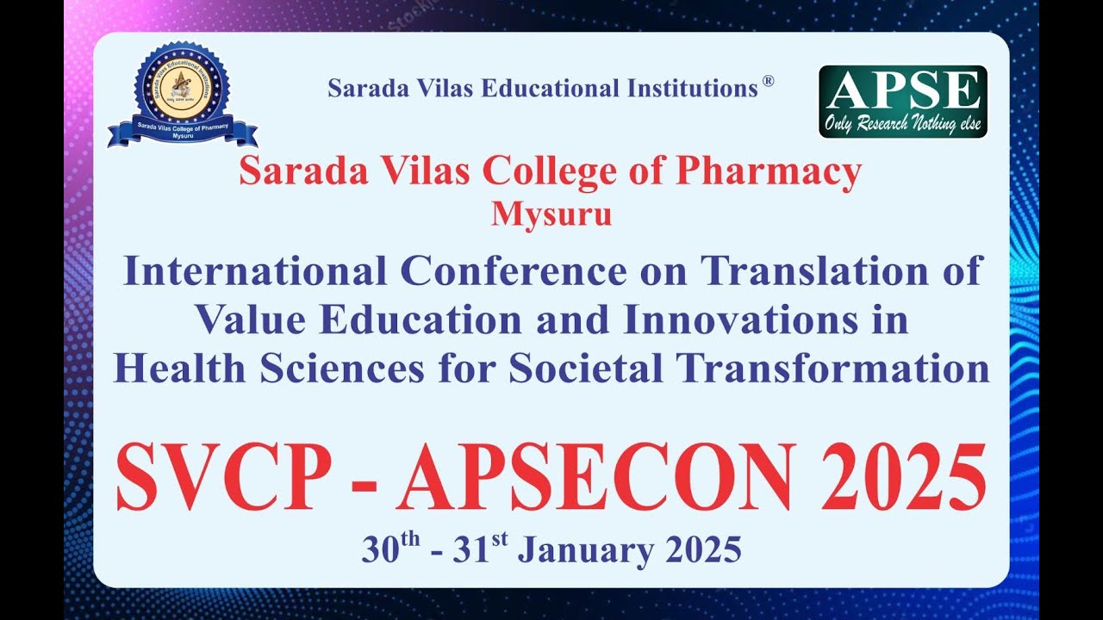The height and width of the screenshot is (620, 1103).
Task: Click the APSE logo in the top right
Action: [902, 101]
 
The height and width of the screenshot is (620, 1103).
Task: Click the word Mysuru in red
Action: [551, 214]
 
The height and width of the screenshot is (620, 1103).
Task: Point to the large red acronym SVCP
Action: [223, 478]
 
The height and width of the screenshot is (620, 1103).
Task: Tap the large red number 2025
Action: [902, 478]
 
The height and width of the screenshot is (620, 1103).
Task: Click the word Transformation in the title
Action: [832, 369]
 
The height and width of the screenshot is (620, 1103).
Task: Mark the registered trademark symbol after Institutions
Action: [768, 82]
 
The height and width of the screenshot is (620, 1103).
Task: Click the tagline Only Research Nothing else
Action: [902, 124]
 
